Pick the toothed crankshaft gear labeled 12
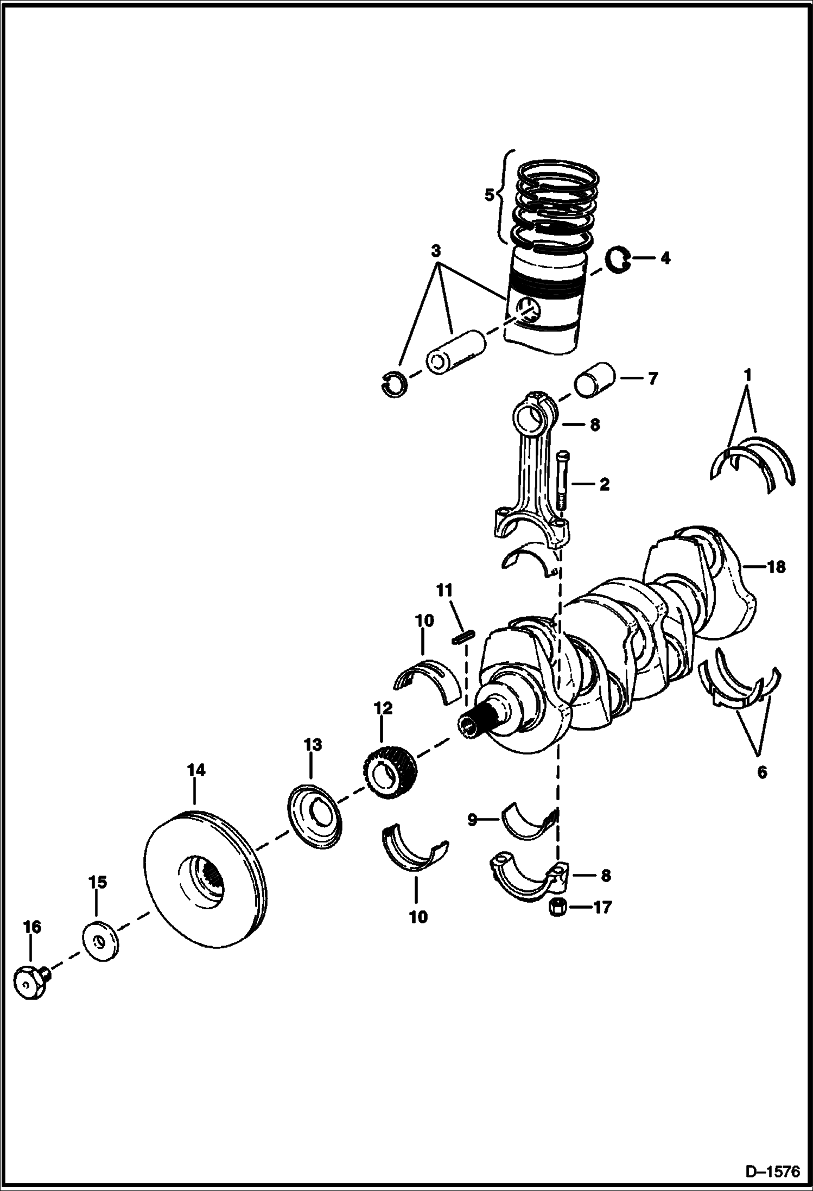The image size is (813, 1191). tap(389, 769)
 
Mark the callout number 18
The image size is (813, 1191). tap(776, 567)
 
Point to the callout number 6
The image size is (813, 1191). tap(762, 772)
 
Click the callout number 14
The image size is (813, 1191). tap(196, 770)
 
